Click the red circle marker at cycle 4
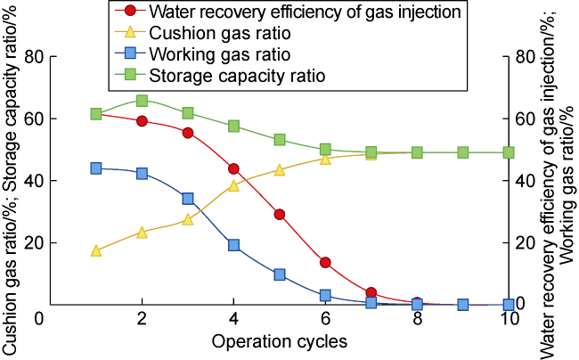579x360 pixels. coord(233,168)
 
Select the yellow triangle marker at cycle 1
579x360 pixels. coord(95,250)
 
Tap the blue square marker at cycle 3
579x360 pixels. coord(188,199)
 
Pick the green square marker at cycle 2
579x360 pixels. coord(142,101)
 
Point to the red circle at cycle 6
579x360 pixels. coord(326,263)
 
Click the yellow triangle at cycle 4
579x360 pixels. coord(233,185)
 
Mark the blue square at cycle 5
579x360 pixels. coord(280,274)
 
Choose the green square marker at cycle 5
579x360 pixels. coord(280,140)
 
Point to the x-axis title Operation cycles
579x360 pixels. coord(279,341)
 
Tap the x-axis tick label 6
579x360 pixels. coord(326,321)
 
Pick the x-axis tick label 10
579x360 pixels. coord(509,321)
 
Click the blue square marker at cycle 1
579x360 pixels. coord(95,168)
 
